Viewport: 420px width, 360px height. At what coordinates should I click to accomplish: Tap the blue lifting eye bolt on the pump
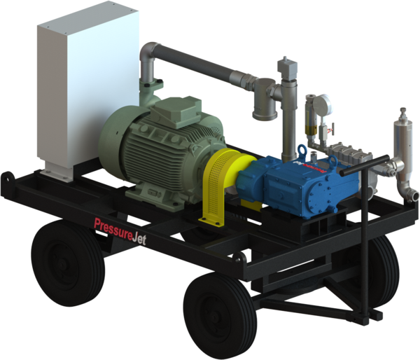[302, 150]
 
